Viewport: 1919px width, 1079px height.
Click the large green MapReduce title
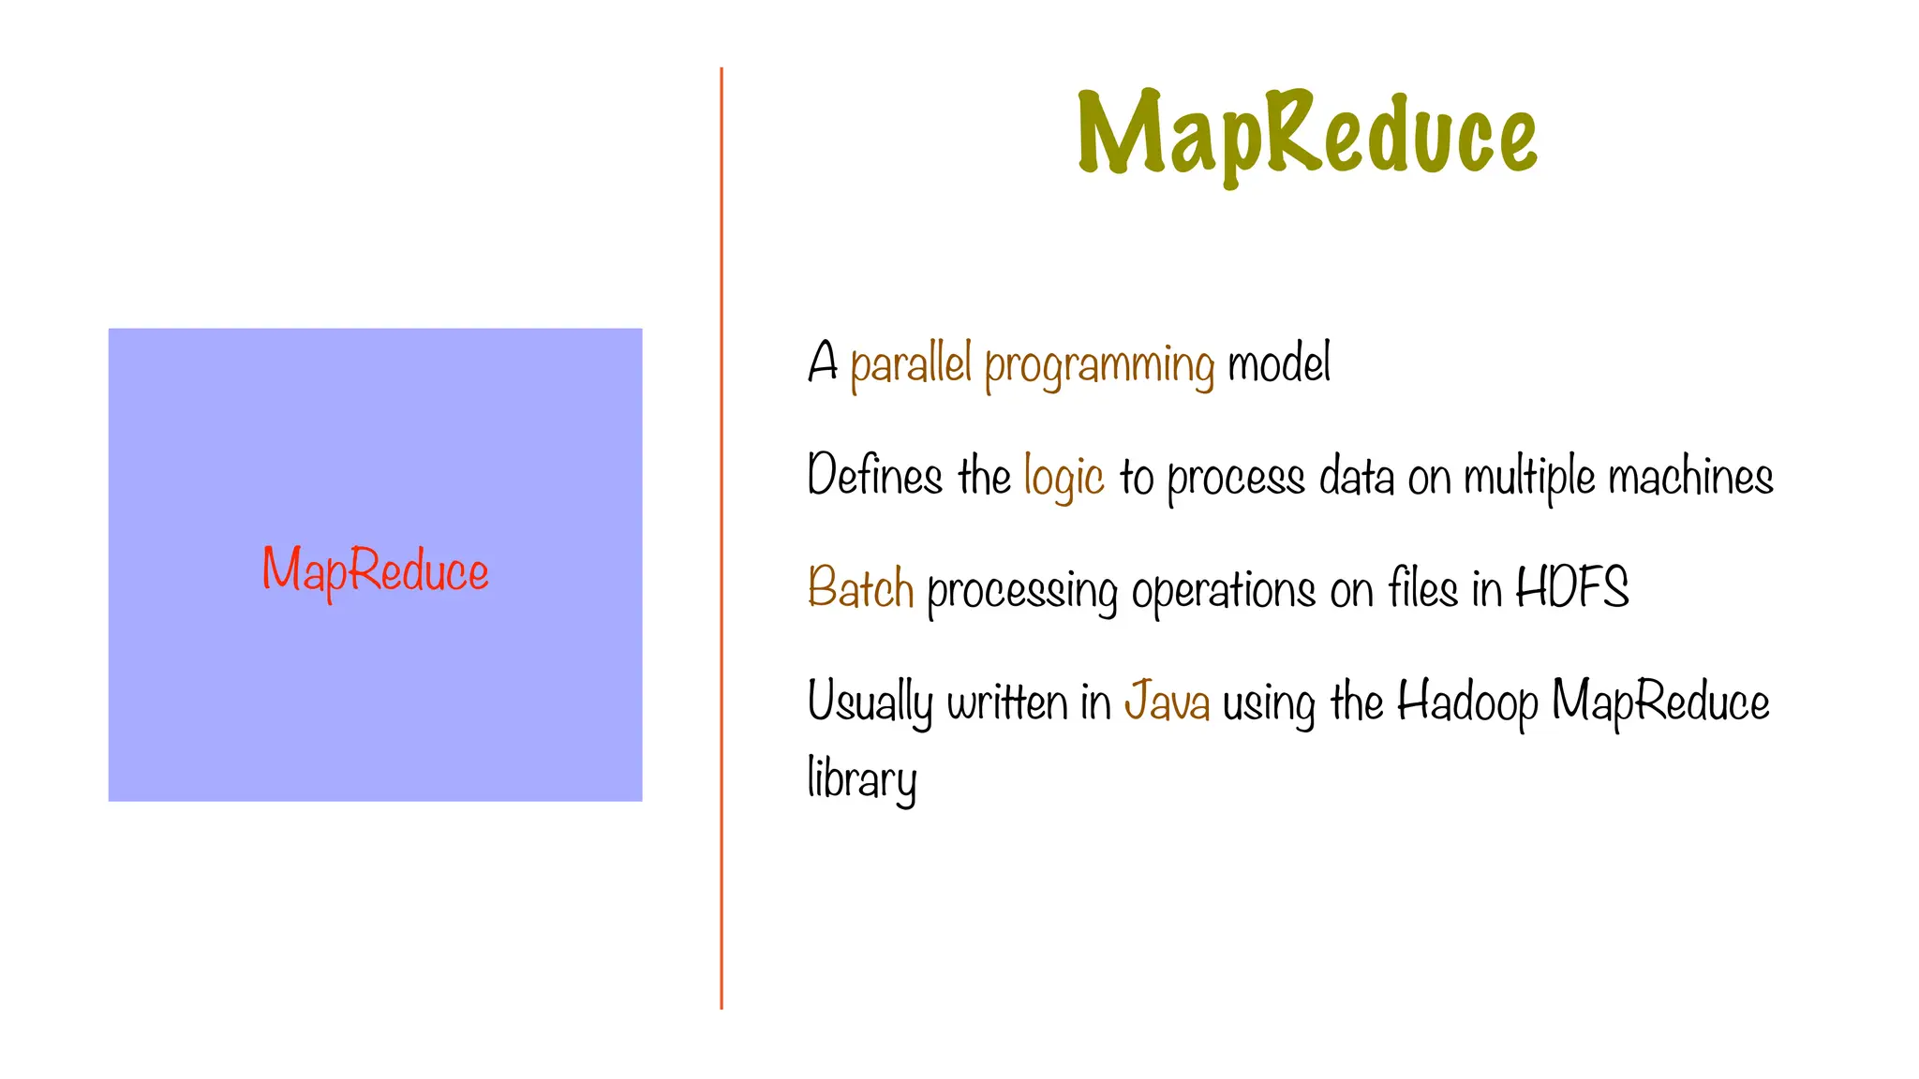point(1307,134)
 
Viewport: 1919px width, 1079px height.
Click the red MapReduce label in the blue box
point(375,569)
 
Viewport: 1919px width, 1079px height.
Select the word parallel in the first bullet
point(910,363)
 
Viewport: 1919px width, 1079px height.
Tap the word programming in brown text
point(1099,365)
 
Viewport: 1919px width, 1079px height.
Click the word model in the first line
point(1278,363)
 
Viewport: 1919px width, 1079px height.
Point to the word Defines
point(874,475)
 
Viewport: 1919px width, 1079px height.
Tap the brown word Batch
point(860,588)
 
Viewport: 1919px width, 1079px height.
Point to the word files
point(1422,588)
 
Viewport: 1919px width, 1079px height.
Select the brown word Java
point(1167,701)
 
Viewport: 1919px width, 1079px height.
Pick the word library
point(861,779)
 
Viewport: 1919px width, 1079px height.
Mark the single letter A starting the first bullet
point(823,362)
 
